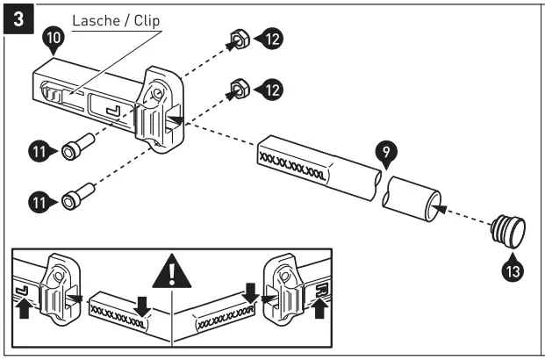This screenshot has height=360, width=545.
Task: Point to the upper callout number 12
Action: click(x=276, y=39)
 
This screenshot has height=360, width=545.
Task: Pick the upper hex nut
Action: click(x=237, y=40)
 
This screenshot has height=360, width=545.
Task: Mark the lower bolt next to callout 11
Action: click(x=77, y=198)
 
